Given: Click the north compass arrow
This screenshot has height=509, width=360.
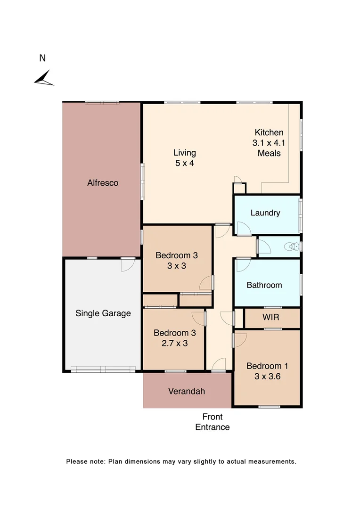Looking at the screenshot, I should coord(44,78).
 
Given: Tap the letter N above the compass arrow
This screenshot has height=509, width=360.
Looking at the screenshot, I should coord(42,58).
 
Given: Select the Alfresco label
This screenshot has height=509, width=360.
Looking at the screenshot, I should coord(103,183).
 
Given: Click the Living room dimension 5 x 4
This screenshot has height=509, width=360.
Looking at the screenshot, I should coord(185,164).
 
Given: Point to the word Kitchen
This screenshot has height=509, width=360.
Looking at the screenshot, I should coord(269,132).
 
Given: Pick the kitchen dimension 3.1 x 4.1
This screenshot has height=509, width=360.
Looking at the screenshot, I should coord(269,143).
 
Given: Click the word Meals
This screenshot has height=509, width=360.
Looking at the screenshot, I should coord(269,153).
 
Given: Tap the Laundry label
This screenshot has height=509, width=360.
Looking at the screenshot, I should coord(265,213).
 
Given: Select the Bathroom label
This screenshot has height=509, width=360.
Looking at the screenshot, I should coord(264,285).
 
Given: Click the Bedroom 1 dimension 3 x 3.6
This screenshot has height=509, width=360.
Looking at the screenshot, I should coord(267,377).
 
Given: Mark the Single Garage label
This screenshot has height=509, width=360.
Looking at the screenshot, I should coord(103,313).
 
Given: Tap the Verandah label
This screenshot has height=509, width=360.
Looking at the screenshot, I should coord(187,391).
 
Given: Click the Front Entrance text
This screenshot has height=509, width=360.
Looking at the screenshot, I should coord(213,422).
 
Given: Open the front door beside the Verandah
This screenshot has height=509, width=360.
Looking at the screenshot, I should coord(218,365).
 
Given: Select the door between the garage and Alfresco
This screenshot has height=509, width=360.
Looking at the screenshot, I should coord(127,264).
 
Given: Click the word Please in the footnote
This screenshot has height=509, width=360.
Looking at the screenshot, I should coord(76,462).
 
